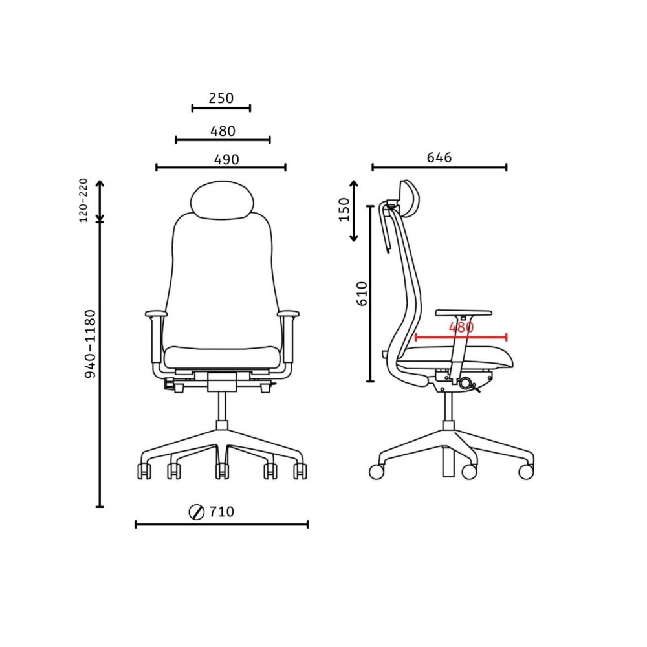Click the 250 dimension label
click(221, 98)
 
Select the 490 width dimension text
click(226, 160)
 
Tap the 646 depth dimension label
click(439, 157)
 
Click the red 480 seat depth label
click(461, 327)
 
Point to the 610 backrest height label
click(362, 293)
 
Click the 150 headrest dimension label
click(344, 210)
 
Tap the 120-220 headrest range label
click(83, 200)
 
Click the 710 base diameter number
click(221, 512)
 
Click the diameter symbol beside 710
click(197, 512)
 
